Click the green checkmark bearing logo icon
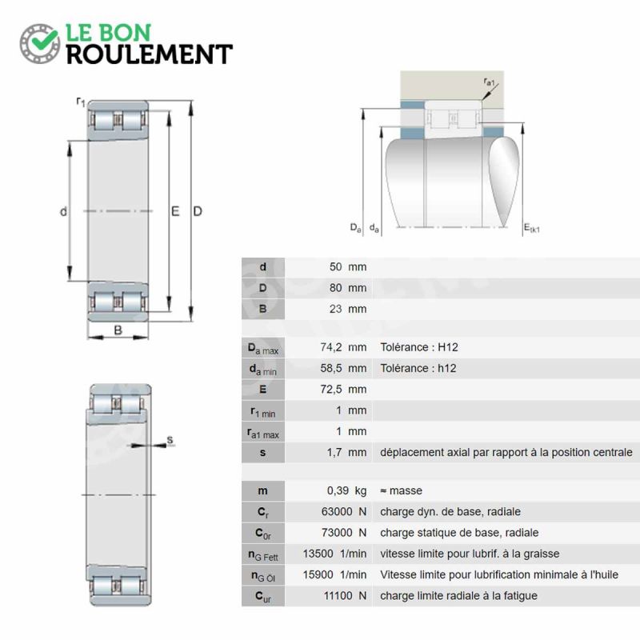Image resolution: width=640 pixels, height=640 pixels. pos(40,43)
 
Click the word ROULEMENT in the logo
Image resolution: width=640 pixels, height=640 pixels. pos(150,54)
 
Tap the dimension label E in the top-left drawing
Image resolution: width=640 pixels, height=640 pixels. pos(175,211)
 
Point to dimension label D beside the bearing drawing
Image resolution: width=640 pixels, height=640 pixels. pos(198,211)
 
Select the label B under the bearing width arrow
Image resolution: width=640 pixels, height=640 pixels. pos(118,330)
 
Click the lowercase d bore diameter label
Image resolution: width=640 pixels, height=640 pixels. pos(63,211)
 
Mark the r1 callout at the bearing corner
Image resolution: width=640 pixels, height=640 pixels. pos(81,102)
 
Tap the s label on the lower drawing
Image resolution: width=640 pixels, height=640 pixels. pos(170,439)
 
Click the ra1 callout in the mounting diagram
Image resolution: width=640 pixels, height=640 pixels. pos(489,82)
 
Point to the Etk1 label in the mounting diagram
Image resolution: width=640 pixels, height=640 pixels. pos(532,228)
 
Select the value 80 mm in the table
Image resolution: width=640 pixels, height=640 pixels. pos(348,288)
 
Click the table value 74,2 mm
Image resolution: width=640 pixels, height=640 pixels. pos(343,347)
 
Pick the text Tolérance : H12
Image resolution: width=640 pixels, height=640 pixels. pos(419,347)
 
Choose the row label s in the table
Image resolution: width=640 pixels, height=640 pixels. pos(263,453)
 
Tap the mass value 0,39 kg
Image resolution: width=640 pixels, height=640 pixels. pos(346,490)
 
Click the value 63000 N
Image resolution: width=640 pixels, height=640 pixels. pos(344,512)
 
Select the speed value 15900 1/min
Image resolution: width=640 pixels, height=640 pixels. pos(334,574)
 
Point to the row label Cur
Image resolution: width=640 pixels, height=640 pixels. pos(263,597)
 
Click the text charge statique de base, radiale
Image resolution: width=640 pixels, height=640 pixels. pos(459,533)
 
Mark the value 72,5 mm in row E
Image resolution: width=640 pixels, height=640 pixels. pos(343,390)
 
